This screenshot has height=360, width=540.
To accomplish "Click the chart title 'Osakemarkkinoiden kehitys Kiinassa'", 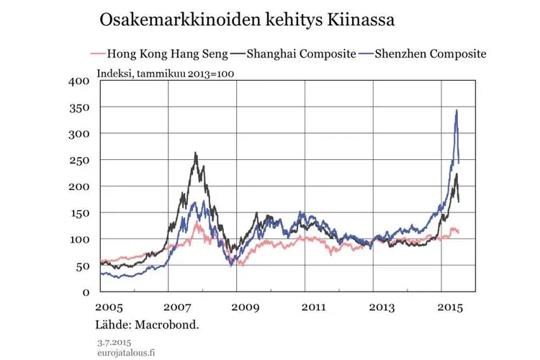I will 247,19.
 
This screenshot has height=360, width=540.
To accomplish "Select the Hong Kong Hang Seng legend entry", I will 168,53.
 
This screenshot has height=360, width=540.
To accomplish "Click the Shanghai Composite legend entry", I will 301,53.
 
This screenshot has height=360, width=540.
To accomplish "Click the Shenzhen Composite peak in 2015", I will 456,110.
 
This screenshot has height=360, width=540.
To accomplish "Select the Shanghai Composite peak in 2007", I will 195,153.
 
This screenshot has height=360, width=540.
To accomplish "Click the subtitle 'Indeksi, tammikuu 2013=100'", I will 166,72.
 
